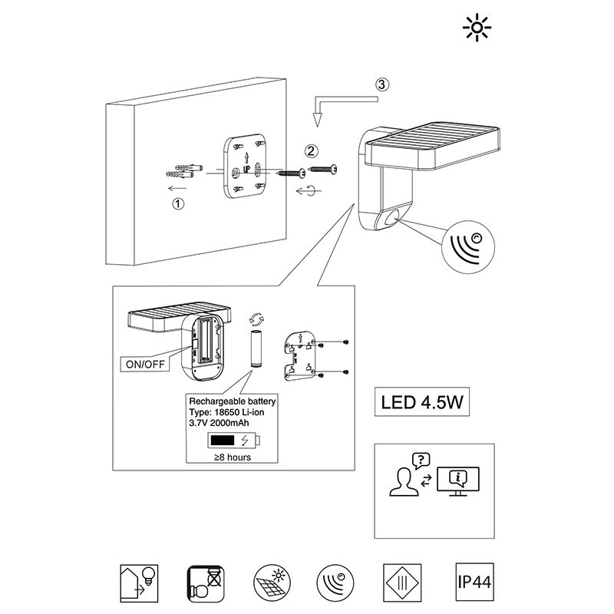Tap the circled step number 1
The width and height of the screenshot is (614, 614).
[178, 204]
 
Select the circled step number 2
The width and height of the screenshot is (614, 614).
[310, 150]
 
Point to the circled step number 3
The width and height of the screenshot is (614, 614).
[382, 85]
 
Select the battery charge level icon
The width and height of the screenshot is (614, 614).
[233, 441]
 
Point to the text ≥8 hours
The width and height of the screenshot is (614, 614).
[232, 457]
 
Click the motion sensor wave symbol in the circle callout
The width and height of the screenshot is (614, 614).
[471, 246]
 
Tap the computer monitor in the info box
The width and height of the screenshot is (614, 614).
[457, 480]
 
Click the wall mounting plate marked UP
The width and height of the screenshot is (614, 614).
[246, 167]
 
